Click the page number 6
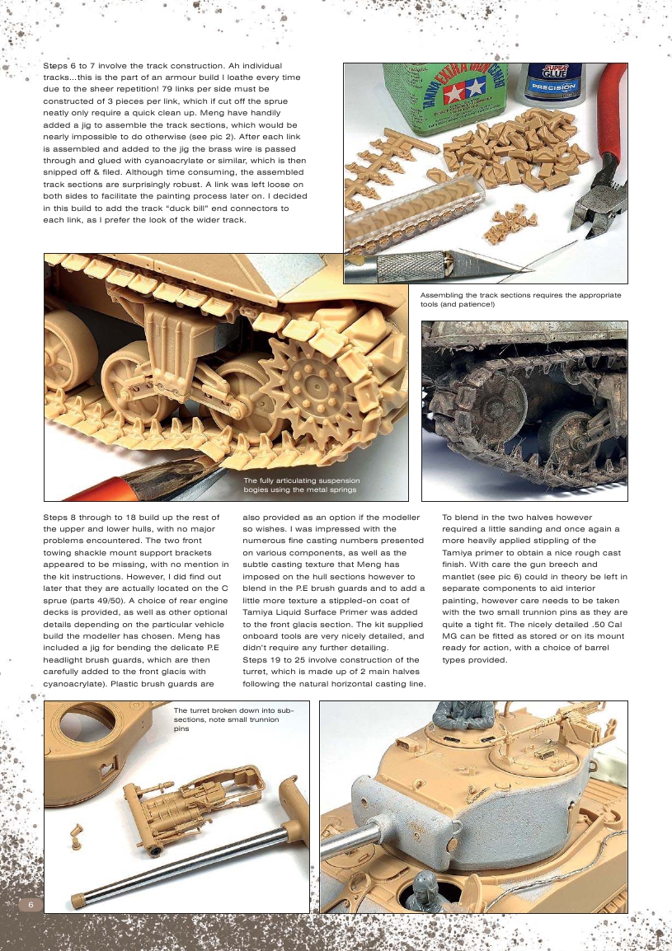[x=31, y=903]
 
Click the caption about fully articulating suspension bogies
[x=302, y=485]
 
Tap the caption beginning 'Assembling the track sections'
[x=519, y=299]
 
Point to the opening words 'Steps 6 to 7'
[x=71, y=65]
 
